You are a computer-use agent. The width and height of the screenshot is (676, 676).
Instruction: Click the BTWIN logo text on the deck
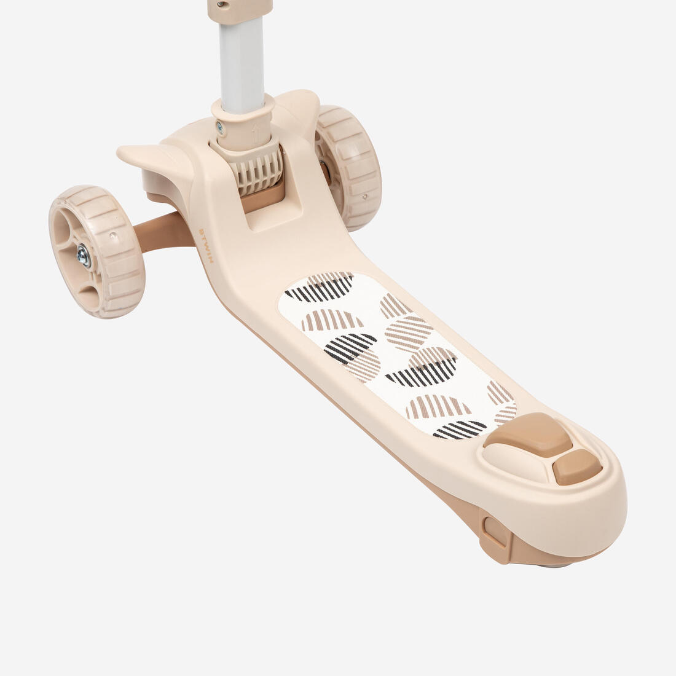(x=206, y=245)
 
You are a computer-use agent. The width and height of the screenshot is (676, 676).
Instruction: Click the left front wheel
(x=97, y=251)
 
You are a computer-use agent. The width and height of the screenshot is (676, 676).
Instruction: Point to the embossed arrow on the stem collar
(x=256, y=133)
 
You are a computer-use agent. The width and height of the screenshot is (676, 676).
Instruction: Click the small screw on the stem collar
(x=220, y=128)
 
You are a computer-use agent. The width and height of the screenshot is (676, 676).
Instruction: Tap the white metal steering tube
(x=242, y=65)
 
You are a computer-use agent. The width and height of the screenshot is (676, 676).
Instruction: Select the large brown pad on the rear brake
(x=529, y=434)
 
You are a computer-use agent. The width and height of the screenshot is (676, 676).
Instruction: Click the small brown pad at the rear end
(x=577, y=467)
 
